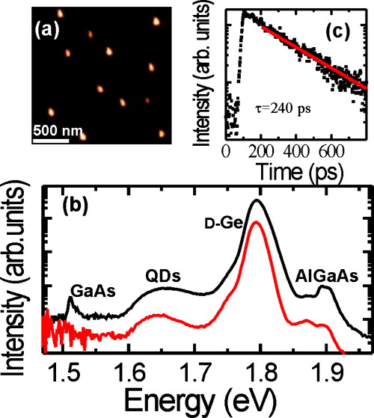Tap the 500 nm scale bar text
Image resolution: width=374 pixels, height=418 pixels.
[x=56, y=132]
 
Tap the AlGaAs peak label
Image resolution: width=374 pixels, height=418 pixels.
[x=329, y=276]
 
